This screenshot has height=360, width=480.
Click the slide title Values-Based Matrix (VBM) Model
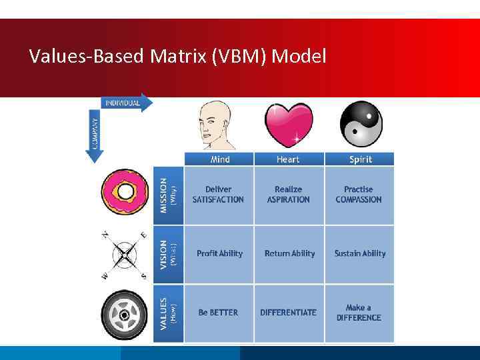178,56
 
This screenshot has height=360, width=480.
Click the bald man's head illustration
217,125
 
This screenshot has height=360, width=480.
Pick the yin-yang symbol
361,124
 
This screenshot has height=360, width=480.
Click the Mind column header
219,159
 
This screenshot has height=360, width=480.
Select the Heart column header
288,159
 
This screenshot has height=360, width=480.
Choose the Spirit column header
360,159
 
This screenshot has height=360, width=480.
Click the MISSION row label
168,194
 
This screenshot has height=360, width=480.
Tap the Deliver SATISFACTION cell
219,195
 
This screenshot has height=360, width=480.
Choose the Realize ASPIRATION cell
288,195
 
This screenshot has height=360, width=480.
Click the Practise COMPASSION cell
359,195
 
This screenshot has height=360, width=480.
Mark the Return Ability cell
289,253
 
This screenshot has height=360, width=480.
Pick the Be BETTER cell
219,313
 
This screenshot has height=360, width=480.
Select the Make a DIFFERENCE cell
359,313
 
